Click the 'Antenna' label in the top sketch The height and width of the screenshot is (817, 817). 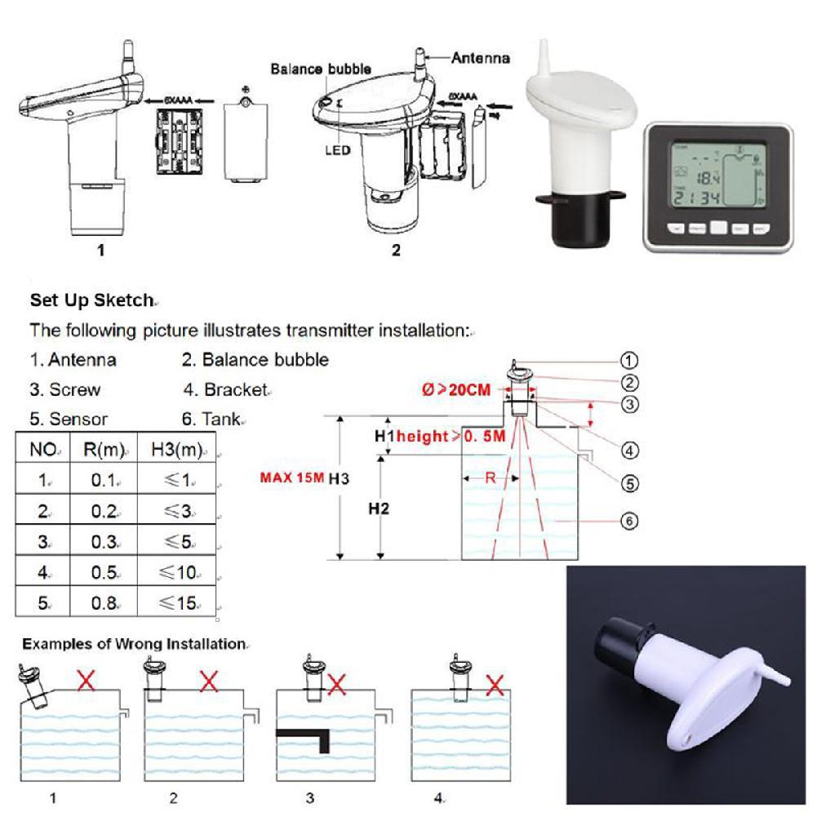pos(481,58)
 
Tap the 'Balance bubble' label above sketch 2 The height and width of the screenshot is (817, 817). pos(321,69)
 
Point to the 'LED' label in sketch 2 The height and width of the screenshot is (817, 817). pos(336,150)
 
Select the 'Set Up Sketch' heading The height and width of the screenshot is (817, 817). pos(91,300)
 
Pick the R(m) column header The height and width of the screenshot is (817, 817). pos(103,449)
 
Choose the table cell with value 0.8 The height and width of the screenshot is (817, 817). pos(103,604)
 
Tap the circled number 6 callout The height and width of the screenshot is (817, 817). pos(629,521)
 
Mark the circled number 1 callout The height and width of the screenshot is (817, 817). pos(629,360)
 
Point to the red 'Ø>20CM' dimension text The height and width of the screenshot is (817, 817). pos(457,390)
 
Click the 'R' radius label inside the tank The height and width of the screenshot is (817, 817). pos(491,479)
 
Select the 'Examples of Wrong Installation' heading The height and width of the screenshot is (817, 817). pos(134,644)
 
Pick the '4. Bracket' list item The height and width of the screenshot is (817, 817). pos(225,390)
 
